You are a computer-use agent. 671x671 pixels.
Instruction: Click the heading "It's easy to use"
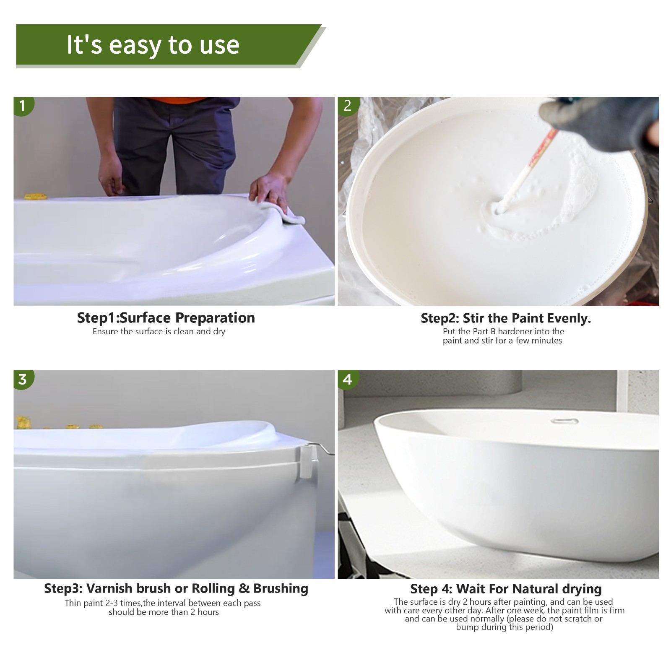[x=153, y=44]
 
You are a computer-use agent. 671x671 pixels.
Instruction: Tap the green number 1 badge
[x=23, y=106]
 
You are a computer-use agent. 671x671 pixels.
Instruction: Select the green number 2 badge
[x=347, y=106]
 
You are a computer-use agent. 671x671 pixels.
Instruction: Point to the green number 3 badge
[x=23, y=379]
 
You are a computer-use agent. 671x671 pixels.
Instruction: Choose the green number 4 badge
[x=347, y=379]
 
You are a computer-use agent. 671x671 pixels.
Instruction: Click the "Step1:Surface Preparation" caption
[x=166, y=317]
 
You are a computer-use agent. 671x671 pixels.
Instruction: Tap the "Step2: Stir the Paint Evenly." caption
[x=506, y=318]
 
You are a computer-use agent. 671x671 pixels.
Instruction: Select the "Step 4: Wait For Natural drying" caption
[x=506, y=589]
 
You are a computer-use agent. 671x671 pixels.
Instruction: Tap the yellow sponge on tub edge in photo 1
[x=34, y=196]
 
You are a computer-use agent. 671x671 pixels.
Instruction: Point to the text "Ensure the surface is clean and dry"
[x=159, y=332]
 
